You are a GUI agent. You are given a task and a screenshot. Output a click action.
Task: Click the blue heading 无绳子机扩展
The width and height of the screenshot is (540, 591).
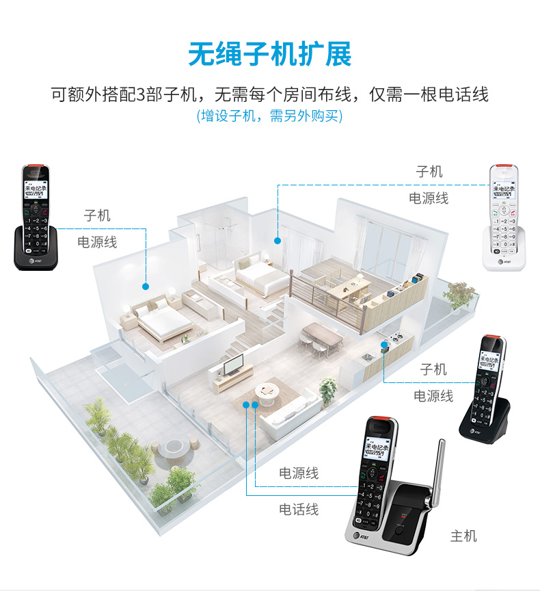(270, 54)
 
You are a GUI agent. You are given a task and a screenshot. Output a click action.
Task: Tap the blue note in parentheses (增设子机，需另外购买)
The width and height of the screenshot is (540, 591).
(270, 116)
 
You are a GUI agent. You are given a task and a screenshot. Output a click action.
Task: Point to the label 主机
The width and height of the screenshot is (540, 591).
(463, 536)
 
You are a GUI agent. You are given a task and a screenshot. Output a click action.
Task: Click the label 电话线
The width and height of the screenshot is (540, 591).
(299, 509)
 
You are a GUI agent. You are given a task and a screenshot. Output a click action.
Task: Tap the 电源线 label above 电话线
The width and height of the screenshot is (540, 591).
(299, 473)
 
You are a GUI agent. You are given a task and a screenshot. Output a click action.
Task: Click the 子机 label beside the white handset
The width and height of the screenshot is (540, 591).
(429, 172)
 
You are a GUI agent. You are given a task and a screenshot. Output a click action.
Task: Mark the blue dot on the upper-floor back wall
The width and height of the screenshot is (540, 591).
(278, 240)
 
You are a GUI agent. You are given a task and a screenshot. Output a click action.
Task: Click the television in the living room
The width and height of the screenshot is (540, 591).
(234, 364)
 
